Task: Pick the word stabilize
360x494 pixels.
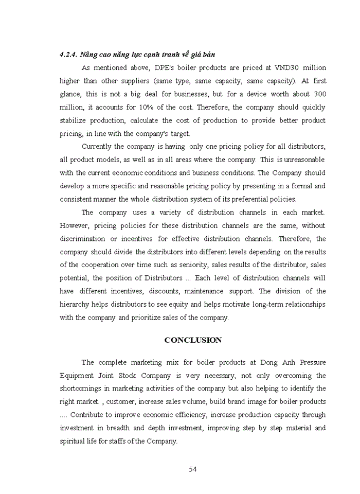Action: pos(75,121)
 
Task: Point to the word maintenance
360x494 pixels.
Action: pos(217,291)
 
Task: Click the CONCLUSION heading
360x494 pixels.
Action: pos(193,340)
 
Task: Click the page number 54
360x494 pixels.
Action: pos(193,469)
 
